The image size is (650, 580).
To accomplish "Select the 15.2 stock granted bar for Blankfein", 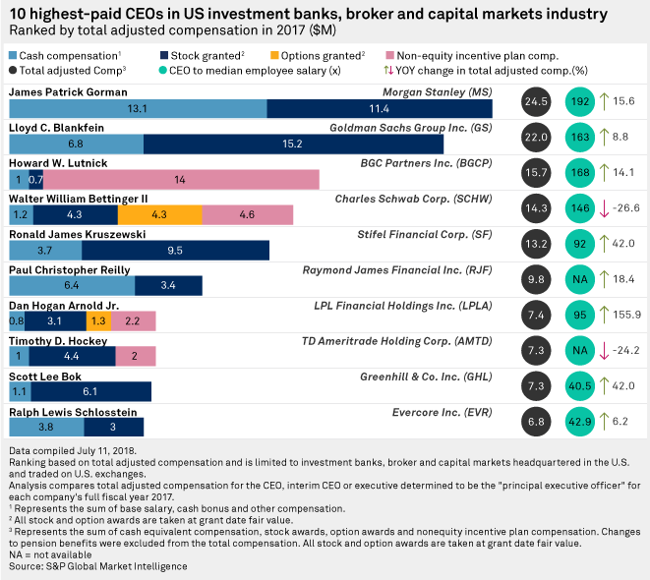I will tap(292, 144).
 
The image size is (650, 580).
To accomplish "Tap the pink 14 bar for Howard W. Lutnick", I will tap(181, 179).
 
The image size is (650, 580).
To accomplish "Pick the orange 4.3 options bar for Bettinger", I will tap(159, 213).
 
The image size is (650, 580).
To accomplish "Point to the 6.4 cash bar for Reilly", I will tap(71, 285).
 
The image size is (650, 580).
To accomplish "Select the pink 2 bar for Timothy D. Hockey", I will tap(134, 356).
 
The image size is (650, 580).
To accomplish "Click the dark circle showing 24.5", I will tap(535, 100).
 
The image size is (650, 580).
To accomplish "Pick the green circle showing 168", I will tap(581, 171).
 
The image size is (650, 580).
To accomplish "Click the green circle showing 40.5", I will tap(581, 384).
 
